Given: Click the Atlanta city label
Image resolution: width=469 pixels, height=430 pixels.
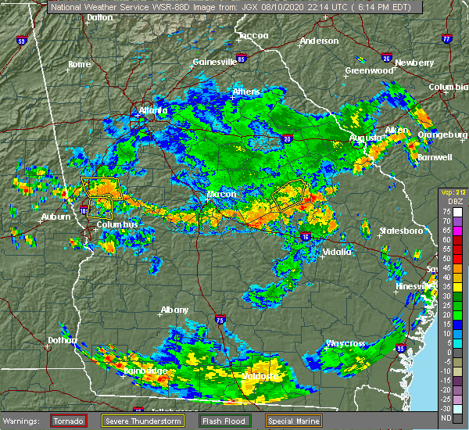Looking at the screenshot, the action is pyautogui.click(x=154, y=111).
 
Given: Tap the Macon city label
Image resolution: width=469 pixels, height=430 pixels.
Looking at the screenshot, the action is pyautogui.click(x=222, y=194).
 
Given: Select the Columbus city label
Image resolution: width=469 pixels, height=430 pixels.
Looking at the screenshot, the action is pyautogui.click(x=117, y=225).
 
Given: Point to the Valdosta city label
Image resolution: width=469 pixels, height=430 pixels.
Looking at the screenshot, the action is pyautogui.click(x=262, y=376).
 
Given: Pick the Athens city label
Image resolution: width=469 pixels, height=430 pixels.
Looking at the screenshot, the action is pyautogui.click(x=246, y=92).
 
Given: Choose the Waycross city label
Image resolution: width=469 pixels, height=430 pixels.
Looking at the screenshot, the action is pyautogui.click(x=345, y=343).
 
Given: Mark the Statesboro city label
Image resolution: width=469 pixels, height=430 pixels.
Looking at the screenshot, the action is pyautogui.click(x=400, y=231).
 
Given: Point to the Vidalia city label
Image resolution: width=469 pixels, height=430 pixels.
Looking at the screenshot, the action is pyautogui.click(x=337, y=252).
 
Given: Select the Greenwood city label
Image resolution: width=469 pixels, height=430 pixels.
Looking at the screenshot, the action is pyautogui.click(x=368, y=70).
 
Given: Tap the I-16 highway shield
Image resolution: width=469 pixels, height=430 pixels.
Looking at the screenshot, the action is pyautogui.click(x=306, y=235).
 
